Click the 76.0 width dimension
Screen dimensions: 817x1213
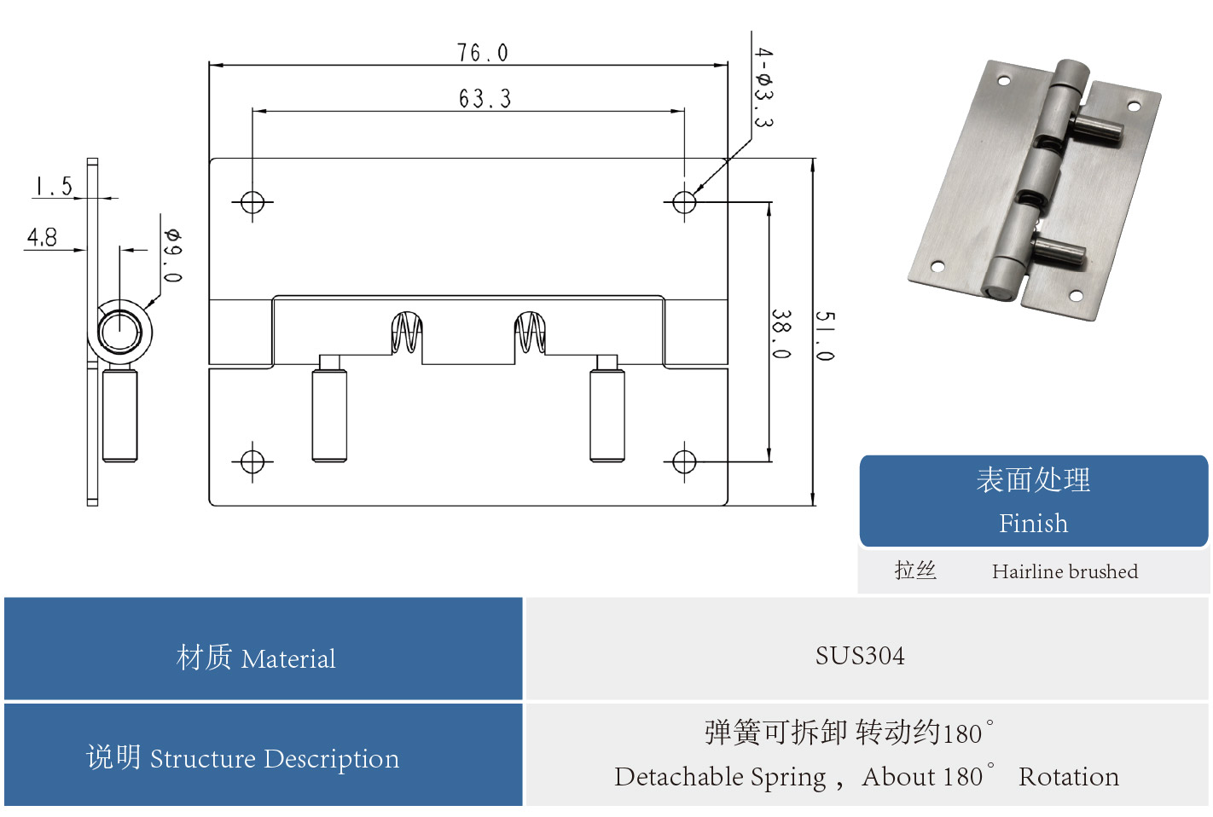point(482,53)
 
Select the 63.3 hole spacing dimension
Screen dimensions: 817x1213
point(485,99)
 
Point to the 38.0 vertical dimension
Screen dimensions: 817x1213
point(781,333)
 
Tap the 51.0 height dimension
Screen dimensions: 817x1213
point(824,335)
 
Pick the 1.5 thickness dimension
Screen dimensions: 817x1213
point(54,187)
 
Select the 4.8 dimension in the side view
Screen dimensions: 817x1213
point(42,237)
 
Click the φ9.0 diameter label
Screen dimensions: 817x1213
point(172,255)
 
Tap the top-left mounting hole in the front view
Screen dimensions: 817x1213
point(252,202)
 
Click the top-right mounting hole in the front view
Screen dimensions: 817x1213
point(684,202)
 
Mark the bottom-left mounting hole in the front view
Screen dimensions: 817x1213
point(252,461)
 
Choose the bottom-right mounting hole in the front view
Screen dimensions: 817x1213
point(684,461)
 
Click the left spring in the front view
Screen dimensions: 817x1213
point(407,333)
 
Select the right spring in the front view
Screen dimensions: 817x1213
point(530,333)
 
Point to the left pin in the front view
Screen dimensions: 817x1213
point(329,414)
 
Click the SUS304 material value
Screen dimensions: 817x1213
point(860,656)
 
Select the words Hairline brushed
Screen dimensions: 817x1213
point(1065,571)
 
